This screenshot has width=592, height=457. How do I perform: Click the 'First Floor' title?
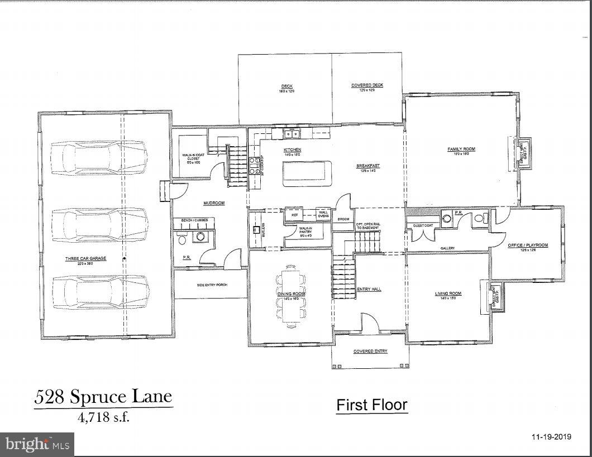(371, 405)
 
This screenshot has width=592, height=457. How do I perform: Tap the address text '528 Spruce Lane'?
(103, 397)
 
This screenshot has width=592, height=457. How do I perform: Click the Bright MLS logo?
(37, 444)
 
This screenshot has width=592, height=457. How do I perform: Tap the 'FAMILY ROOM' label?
(461, 149)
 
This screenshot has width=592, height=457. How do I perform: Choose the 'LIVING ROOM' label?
(448, 294)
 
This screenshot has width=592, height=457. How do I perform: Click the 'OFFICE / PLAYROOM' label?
(527, 245)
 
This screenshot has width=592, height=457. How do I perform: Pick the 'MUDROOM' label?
(213, 203)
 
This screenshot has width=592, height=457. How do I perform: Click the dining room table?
(290, 295)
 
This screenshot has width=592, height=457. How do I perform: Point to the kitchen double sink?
(291, 133)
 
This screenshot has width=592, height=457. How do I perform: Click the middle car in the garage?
(99, 225)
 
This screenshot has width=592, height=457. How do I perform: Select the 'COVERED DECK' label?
(367, 85)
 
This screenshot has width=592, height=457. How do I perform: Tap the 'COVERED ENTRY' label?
(370, 352)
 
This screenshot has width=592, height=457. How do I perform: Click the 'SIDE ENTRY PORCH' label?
(212, 285)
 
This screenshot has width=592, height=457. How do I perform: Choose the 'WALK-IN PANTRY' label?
(305, 230)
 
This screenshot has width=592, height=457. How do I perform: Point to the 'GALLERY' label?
(447, 248)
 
